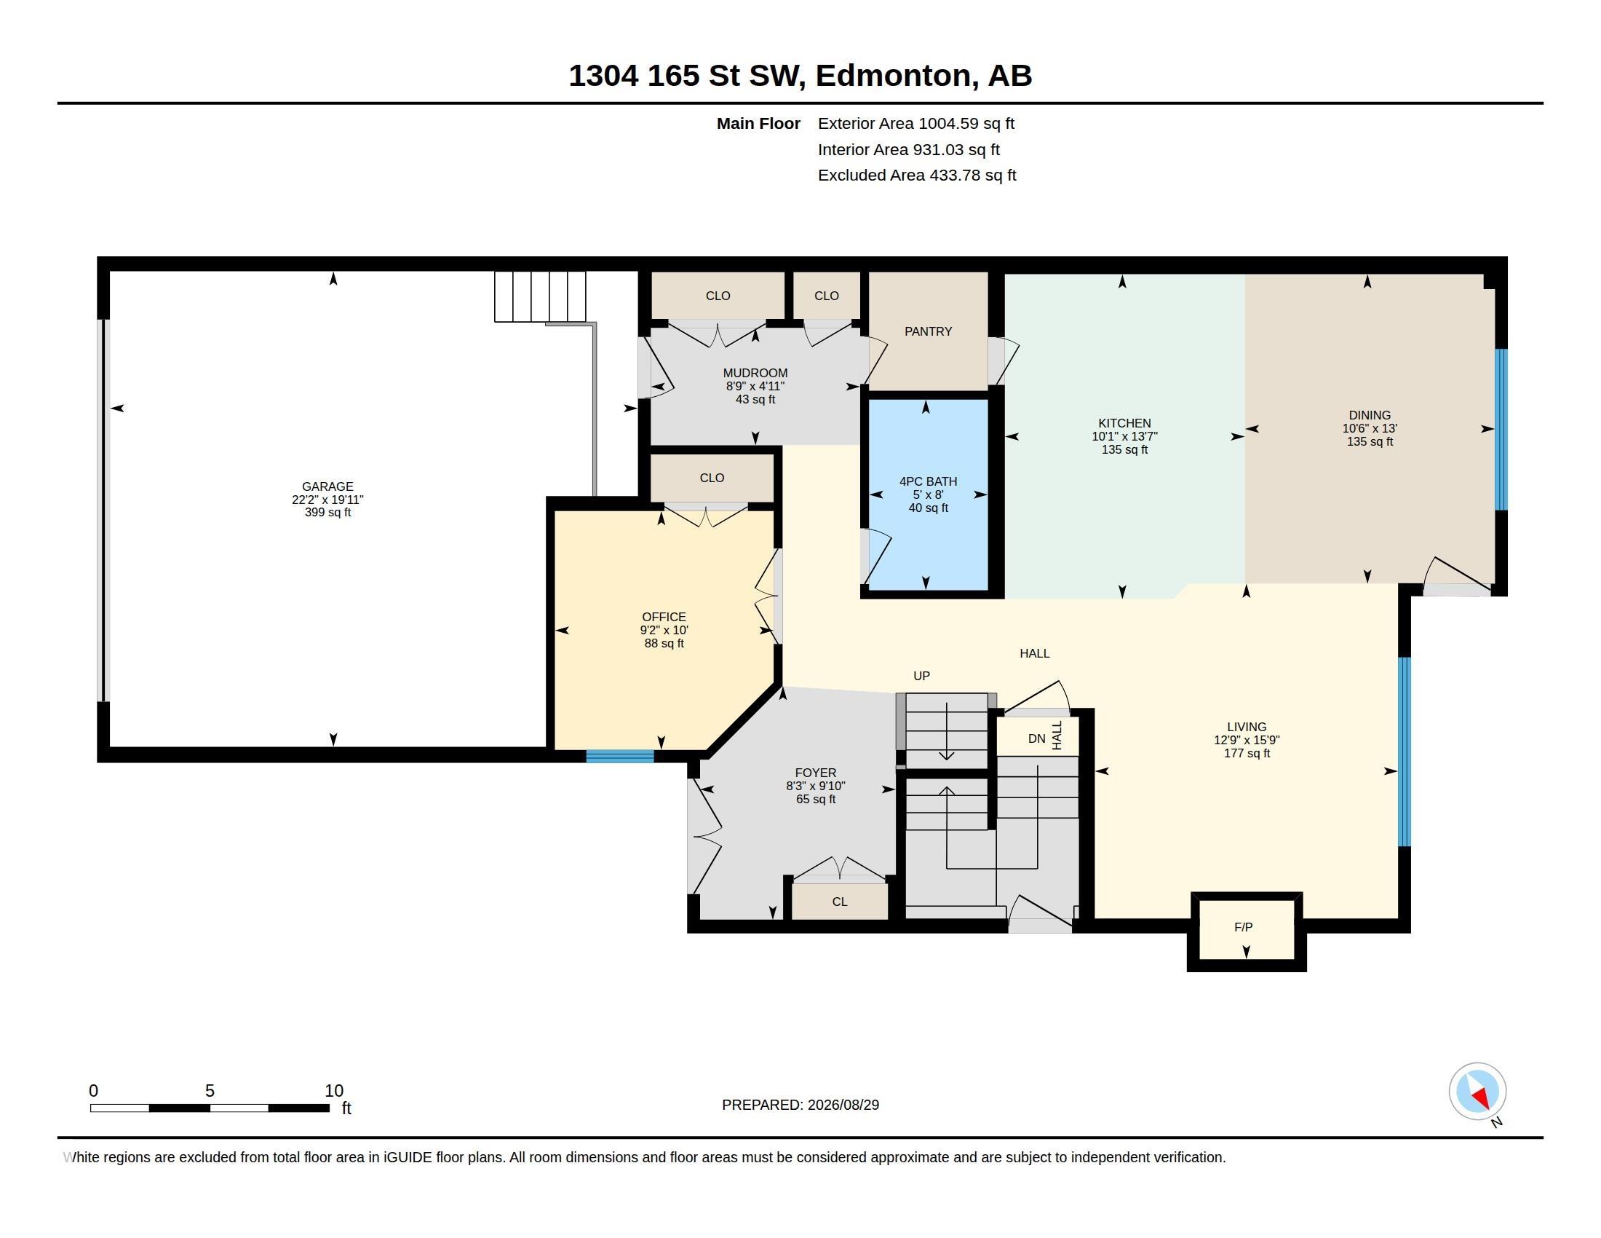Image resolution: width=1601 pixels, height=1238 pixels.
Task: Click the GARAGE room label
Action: coord(327,486)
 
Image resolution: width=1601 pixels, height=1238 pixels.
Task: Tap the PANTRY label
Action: coord(928,331)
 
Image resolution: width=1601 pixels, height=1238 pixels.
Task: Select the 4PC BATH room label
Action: coord(928,481)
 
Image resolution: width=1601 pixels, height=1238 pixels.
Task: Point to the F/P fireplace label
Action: coord(1243,927)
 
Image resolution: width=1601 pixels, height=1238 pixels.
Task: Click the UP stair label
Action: coord(921,676)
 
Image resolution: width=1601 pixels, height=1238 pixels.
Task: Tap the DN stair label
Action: coord(1036,738)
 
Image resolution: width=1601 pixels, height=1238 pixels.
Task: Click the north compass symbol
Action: coord(1477,1092)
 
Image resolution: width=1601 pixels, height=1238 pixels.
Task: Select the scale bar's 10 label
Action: coord(334,1091)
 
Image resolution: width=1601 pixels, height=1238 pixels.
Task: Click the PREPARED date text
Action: coord(800,1105)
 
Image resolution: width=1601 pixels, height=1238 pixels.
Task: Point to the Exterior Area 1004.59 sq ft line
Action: coord(916,123)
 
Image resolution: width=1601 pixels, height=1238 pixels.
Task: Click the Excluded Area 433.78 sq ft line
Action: coord(917,176)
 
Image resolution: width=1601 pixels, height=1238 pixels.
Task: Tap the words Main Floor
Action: coord(758,123)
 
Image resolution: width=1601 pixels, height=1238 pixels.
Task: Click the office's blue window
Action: coord(620,756)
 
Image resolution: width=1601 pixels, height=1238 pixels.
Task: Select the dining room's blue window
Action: coord(1501,429)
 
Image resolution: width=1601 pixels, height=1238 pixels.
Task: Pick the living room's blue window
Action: coord(1405,752)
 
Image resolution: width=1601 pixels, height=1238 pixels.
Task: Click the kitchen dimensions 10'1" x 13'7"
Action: coord(1124,436)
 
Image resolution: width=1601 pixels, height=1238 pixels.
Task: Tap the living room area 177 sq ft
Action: coord(1247,753)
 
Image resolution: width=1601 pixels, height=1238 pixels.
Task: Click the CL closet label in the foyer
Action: coord(840,902)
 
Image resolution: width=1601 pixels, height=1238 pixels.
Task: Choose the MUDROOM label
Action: coord(755,374)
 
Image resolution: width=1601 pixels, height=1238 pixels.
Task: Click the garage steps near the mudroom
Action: coord(540,297)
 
